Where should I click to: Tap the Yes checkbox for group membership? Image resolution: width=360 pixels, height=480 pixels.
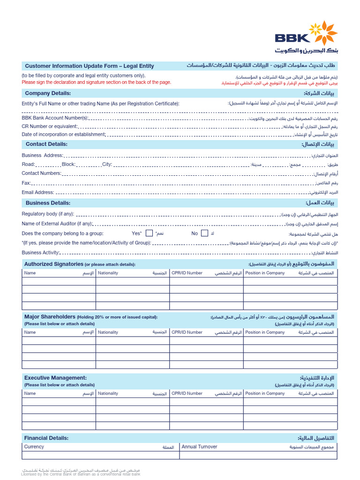pos(149,233)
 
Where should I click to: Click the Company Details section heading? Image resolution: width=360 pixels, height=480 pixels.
pos(48,93)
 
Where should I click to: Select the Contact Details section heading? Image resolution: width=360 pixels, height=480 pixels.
pos(46,144)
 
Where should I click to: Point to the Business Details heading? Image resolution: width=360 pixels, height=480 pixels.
pos(48,203)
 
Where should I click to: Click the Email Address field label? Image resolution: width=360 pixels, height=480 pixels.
pos(38,192)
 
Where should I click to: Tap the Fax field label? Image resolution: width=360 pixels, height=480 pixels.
pos(26,183)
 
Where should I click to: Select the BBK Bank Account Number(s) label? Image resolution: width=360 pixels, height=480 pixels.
pos(54,118)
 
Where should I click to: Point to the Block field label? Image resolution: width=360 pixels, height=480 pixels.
pos(68,165)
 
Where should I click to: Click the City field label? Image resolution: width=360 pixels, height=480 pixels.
pos(107,165)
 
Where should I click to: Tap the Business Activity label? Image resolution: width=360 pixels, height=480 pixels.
pos(41,252)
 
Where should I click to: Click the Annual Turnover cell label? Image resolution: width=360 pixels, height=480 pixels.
pos(199,447)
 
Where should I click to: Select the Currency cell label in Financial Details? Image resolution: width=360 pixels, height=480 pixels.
pos(34,447)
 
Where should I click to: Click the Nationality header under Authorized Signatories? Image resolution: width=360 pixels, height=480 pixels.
pos(108,273)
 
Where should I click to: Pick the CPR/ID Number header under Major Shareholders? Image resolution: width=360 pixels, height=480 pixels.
pos(187,332)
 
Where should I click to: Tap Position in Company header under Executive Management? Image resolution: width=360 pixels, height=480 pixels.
pos(265,393)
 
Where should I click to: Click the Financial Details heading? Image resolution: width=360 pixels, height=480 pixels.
pos(46,438)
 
